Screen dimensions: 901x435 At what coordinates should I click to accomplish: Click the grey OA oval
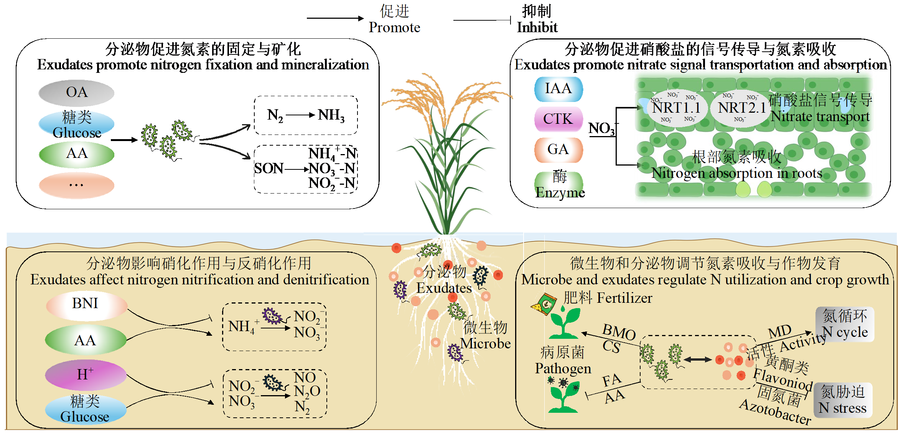[76, 93]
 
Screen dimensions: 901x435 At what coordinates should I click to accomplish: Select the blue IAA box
[558, 89]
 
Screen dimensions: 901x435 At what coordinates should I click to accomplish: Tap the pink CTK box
[558, 119]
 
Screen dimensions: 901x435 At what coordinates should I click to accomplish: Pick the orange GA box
[558, 149]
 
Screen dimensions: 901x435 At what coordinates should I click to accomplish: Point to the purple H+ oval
[86, 374]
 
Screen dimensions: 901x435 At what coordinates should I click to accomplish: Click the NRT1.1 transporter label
[676, 108]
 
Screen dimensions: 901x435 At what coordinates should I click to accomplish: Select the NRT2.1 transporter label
[741, 108]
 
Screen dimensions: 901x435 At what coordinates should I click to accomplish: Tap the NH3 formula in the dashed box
[331, 115]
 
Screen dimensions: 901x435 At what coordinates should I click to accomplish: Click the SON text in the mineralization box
[268, 168]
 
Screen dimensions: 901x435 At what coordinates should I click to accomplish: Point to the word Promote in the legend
[394, 27]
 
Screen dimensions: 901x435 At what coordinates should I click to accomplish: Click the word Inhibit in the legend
[537, 27]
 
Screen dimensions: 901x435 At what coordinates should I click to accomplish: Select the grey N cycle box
[845, 324]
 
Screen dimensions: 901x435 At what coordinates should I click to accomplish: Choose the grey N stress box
[842, 400]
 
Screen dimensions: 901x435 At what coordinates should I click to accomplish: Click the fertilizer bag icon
[544, 304]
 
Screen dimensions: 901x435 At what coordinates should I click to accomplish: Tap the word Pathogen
[563, 368]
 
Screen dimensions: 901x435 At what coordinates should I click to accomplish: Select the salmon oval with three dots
[76, 185]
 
